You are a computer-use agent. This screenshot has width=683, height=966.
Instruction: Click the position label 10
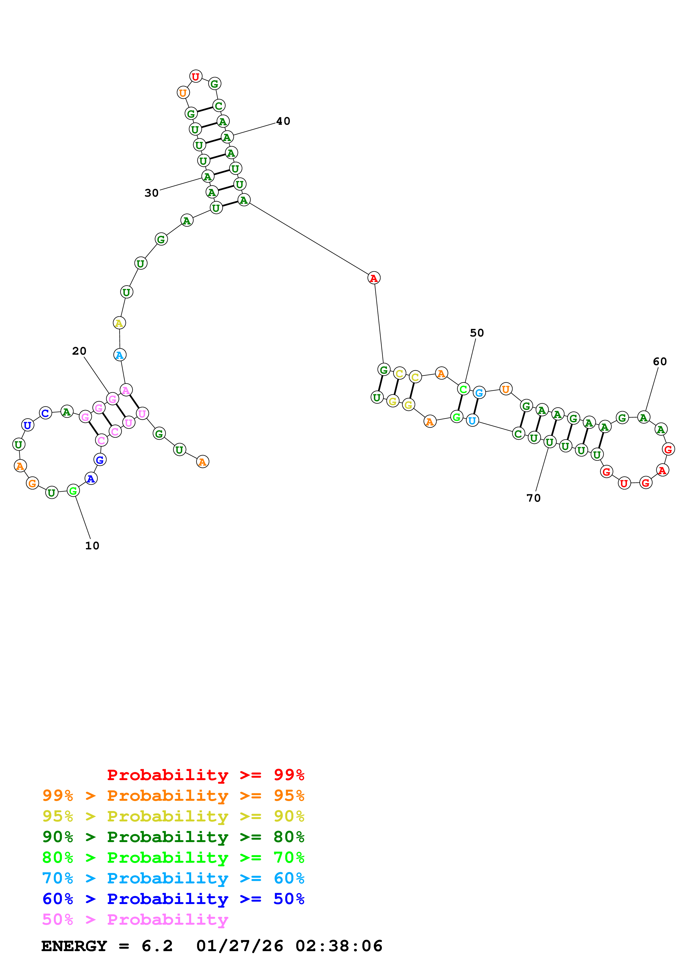tap(92, 546)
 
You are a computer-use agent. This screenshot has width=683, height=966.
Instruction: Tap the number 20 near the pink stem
tap(79, 351)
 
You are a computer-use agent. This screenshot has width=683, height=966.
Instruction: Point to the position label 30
tap(152, 193)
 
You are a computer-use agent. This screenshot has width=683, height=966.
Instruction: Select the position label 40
tap(283, 121)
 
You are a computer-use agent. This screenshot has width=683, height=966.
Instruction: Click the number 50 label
tap(477, 333)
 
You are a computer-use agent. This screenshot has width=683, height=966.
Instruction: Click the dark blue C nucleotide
tap(45, 413)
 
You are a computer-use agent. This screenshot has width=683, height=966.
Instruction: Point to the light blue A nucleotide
tap(120, 355)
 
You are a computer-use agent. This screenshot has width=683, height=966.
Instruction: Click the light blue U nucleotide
tap(472, 420)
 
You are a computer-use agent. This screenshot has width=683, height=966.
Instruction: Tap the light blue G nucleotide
tap(479, 393)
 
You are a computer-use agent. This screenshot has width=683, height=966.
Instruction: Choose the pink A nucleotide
tap(126, 390)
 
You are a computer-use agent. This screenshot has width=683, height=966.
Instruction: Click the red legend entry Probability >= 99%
tap(205, 775)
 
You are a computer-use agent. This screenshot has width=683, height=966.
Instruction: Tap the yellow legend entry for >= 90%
tap(173, 816)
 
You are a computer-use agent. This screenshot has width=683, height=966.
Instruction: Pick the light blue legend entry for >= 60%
tap(173, 878)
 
